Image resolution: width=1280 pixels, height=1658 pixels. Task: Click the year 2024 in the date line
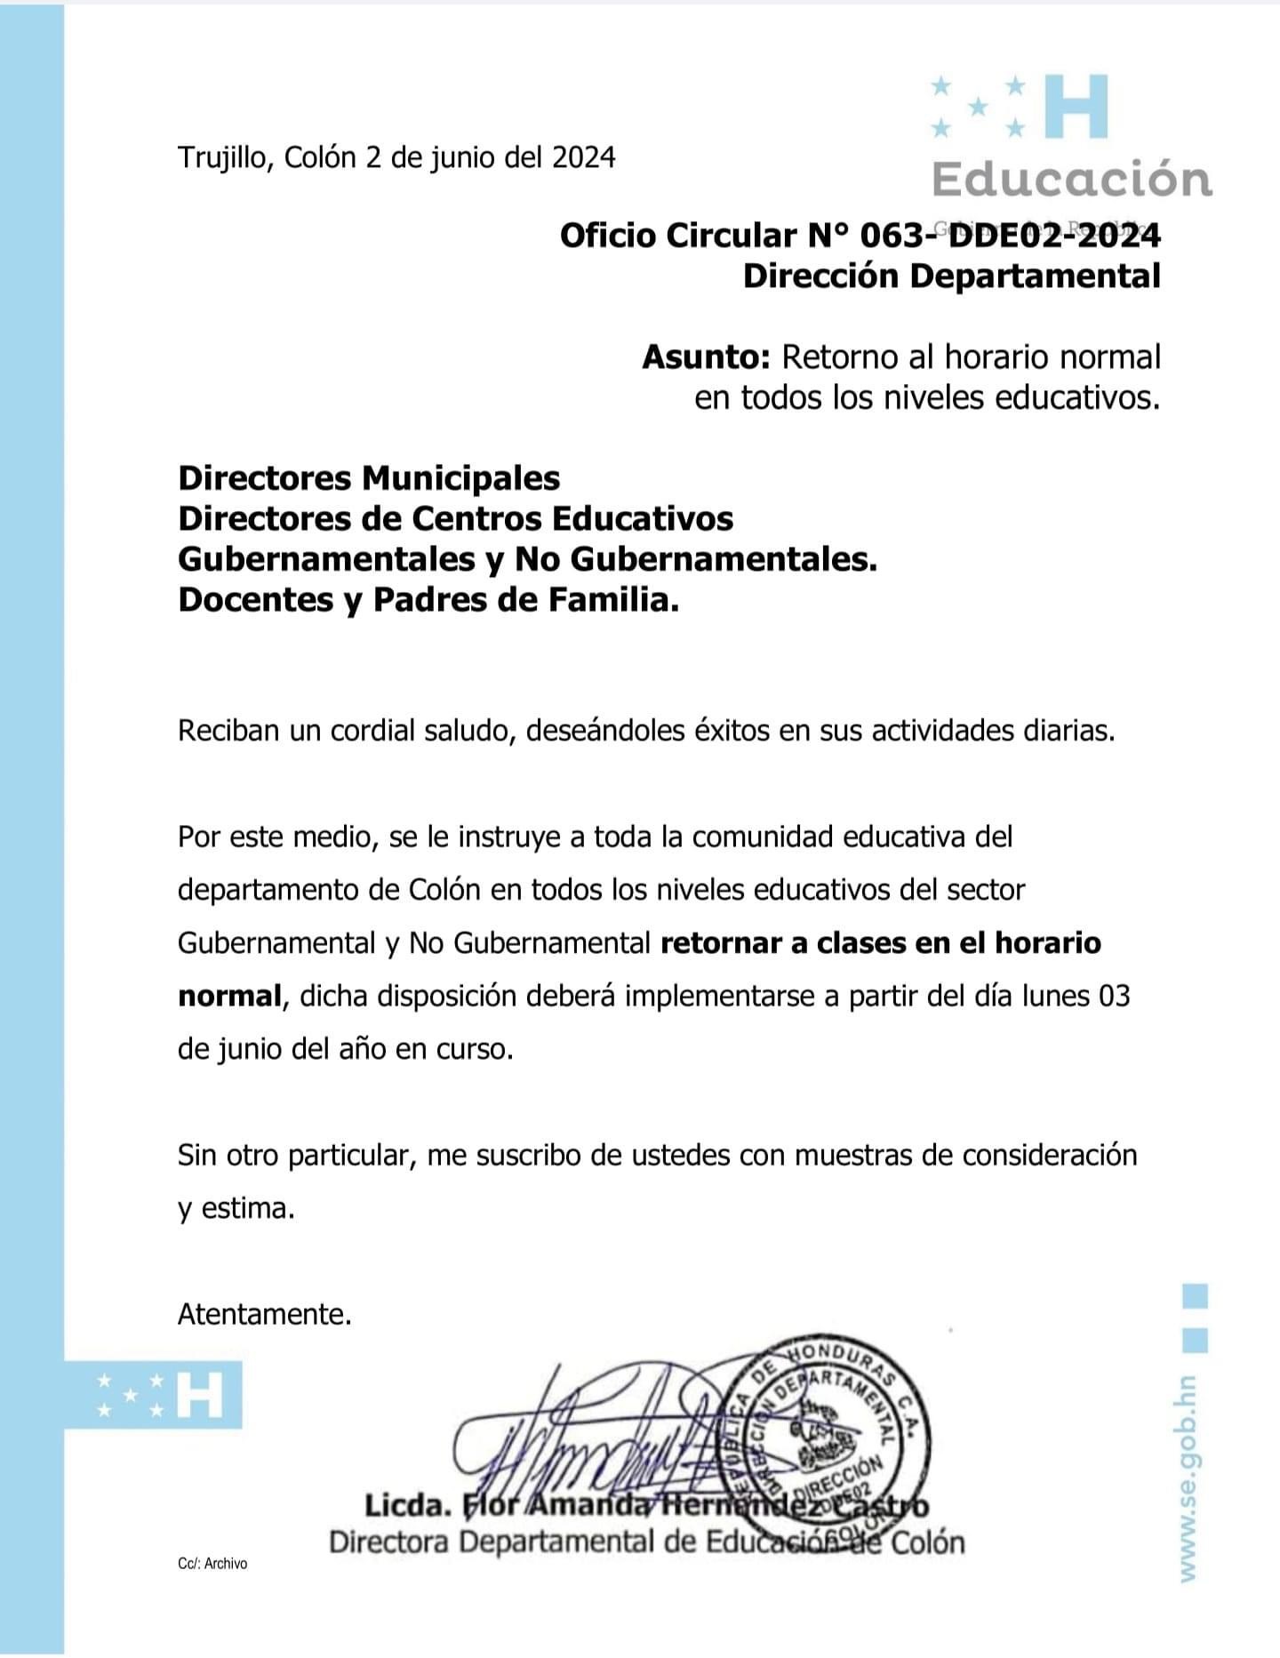(x=583, y=157)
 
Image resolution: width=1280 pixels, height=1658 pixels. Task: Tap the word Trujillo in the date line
(x=226, y=158)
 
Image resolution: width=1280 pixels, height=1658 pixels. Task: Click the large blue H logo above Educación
(x=1076, y=107)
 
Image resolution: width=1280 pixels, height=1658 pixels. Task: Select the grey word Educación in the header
(x=1071, y=179)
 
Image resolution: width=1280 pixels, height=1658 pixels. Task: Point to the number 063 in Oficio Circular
(x=890, y=236)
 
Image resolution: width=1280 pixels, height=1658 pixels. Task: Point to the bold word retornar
(x=721, y=942)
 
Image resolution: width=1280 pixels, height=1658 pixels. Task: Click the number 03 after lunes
(x=1114, y=996)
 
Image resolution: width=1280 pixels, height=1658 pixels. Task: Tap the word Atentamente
(x=264, y=1314)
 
